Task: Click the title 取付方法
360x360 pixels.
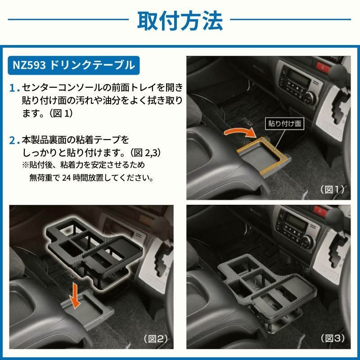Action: point(180,20)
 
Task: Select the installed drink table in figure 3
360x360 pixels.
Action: point(261,283)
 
